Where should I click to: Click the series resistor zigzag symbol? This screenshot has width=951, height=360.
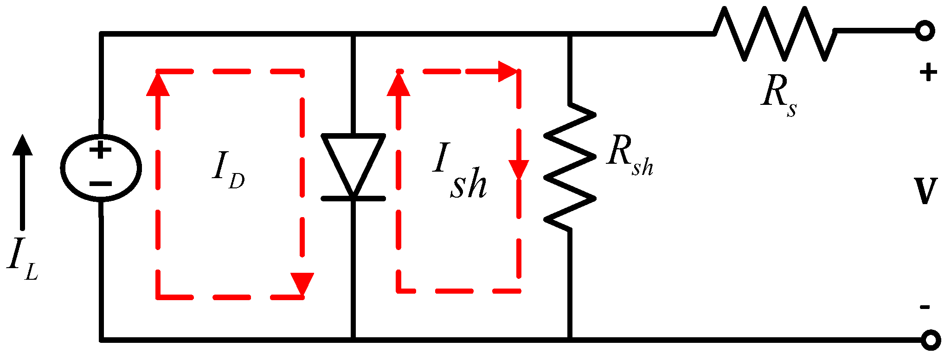[x=775, y=33]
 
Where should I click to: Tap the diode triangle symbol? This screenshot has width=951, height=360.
[x=353, y=160]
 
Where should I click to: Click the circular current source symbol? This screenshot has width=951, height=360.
[x=101, y=168]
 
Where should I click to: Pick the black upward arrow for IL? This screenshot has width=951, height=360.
[x=22, y=181]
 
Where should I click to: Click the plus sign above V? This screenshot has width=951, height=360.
[x=928, y=73]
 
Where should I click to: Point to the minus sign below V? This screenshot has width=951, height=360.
[x=925, y=307]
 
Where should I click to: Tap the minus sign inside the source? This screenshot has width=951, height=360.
[x=100, y=184]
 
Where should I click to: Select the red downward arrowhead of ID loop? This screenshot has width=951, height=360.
[x=302, y=283]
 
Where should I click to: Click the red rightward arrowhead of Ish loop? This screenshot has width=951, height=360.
[x=508, y=71]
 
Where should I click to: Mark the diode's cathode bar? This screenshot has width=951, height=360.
[x=353, y=199]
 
